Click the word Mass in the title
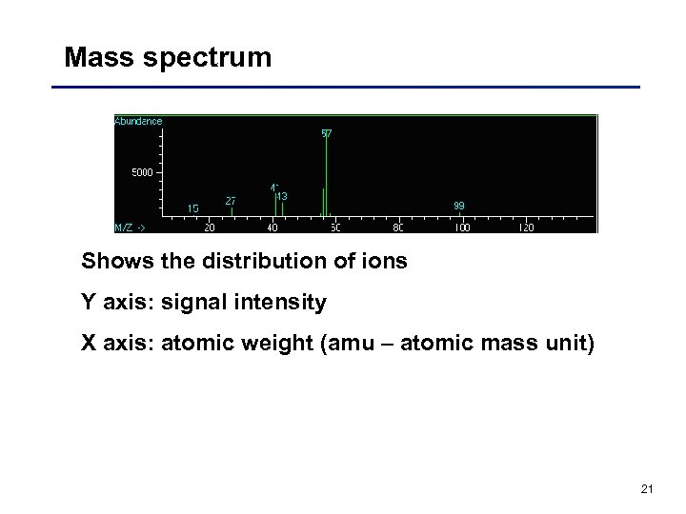pyautogui.click(x=95, y=57)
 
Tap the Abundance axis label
pyautogui.click(x=139, y=121)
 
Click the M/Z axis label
pyautogui.click(x=131, y=228)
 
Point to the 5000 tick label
pyautogui.click(x=140, y=172)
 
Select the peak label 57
pyautogui.click(x=327, y=134)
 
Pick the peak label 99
pyautogui.click(x=459, y=206)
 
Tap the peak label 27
pyautogui.click(x=231, y=201)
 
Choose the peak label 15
pyautogui.click(x=193, y=208)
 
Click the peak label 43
pyautogui.click(x=282, y=196)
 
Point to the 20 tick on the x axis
pyautogui.click(x=209, y=228)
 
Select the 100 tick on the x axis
pyautogui.click(x=461, y=228)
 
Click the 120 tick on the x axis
pyautogui.click(x=525, y=228)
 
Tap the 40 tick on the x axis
pyautogui.click(x=272, y=228)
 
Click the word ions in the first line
pyautogui.click(x=384, y=260)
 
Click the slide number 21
pyautogui.click(x=647, y=489)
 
